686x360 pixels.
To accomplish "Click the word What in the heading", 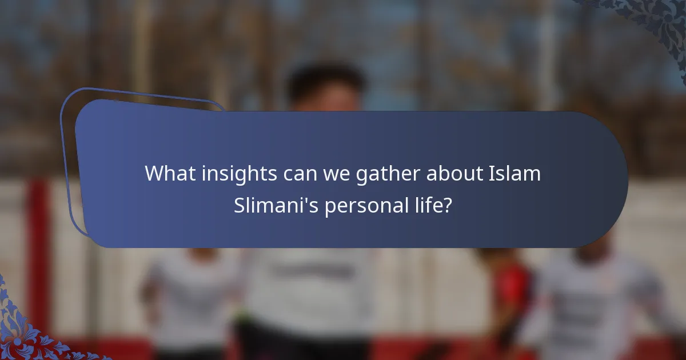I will (x=167, y=173).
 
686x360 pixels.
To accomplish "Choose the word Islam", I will (x=514, y=173).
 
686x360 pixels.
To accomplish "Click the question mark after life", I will (x=448, y=206).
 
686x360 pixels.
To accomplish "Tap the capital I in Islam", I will (x=490, y=173).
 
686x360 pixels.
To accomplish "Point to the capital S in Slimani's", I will (x=240, y=206).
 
